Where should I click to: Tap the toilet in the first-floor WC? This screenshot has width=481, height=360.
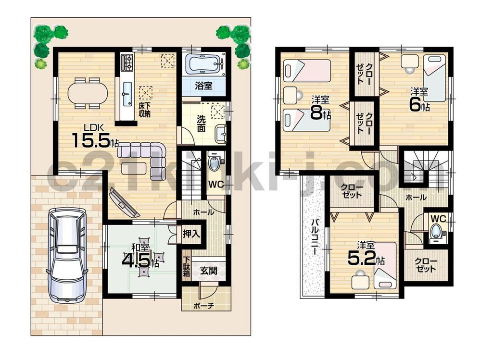click(215, 162)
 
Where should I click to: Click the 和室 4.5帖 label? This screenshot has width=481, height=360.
click(141, 257)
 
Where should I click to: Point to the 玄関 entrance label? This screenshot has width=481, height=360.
click(208, 271)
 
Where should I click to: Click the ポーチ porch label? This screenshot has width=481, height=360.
click(204, 305)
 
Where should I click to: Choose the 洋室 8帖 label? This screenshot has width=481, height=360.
click(320, 109)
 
